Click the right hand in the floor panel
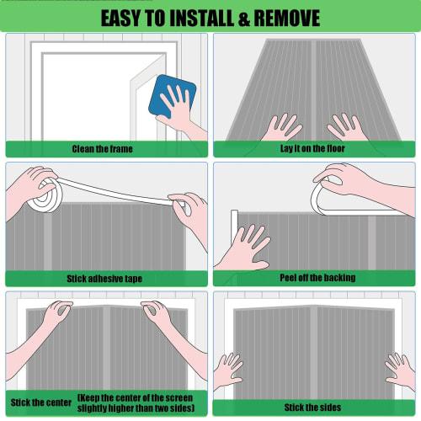[345, 126]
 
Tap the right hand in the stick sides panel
[400, 370]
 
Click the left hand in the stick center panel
[55, 316]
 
